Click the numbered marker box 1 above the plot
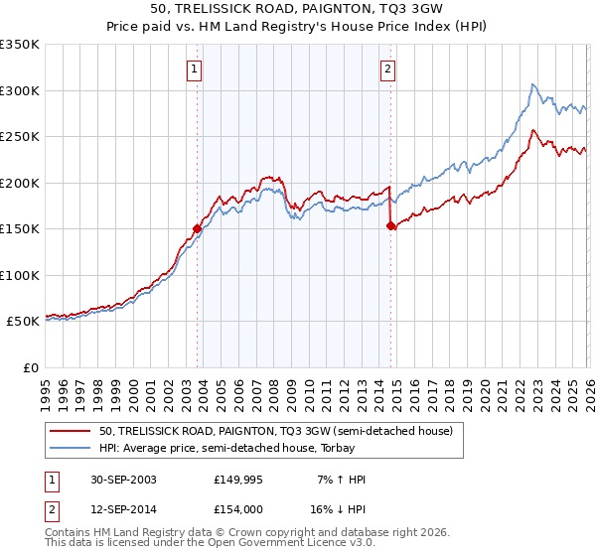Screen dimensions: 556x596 [x=193, y=69]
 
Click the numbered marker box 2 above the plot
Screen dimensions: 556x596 [x=386, y=69]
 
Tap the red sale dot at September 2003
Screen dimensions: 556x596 [x=197, y=228]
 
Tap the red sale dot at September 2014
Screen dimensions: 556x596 [x=390, y=225]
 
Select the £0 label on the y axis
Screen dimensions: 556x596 [x=30, y=367]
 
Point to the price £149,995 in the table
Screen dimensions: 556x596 [x=243, y=480]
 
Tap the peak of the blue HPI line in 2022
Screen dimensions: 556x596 [x=533, y=84]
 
